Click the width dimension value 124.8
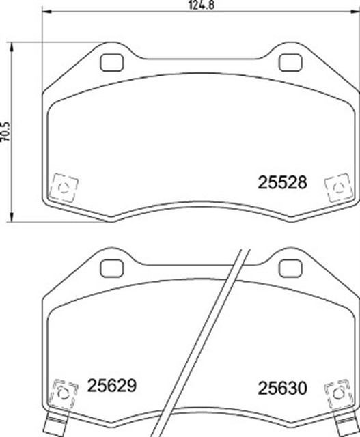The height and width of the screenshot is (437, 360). [x=202, y=5]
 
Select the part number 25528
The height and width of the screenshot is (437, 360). [x=282, y=182]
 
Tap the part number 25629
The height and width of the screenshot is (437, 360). [x=112, y=385]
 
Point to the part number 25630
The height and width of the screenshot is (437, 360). [x=282, y=388]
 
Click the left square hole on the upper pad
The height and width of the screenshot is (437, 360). [x=112, y=63]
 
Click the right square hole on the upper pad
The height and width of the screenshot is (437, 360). [x=290, y=63]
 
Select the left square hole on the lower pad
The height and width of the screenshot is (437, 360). [x=111, y=268]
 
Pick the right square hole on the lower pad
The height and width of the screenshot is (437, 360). [x=290, y=268]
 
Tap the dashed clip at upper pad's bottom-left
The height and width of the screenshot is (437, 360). [x=64, y=188]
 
